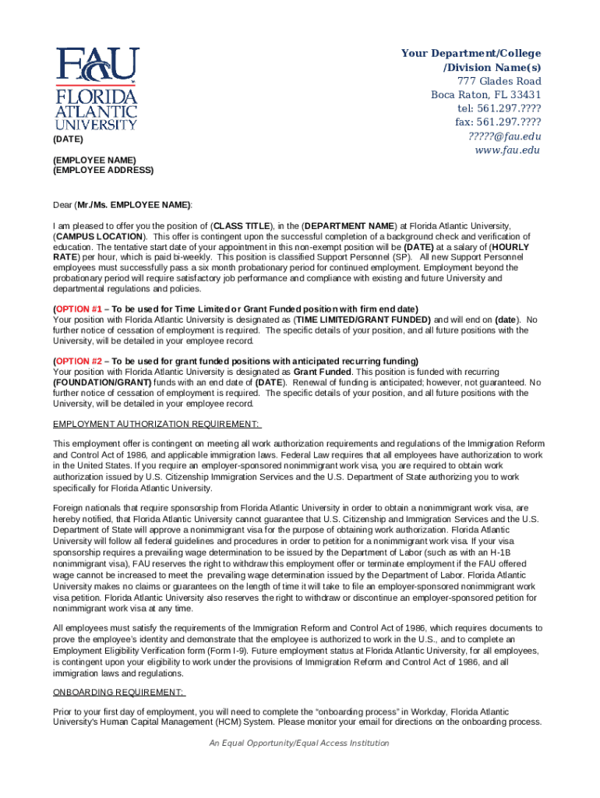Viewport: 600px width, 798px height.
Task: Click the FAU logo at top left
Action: [97, 88]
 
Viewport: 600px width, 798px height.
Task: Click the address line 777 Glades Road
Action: [499, 81]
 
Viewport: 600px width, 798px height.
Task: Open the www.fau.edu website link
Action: [507, 150]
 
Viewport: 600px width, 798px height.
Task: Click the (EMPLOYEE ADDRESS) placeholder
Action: [103, 170]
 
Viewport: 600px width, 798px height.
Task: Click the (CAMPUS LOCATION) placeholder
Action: [100, 236]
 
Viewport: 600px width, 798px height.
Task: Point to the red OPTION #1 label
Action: [78, 309]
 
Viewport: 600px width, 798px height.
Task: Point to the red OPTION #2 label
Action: [78, 361]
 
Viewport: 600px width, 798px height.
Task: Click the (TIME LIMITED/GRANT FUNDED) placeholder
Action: [362, 320]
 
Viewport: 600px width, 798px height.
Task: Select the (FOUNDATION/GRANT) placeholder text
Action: [99, 383]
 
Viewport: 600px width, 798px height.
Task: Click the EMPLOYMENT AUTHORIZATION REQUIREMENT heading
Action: [157, 424]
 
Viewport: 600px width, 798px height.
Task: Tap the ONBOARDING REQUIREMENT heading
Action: [118, 692]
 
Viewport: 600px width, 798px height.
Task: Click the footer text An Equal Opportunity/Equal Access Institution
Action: [299, 743]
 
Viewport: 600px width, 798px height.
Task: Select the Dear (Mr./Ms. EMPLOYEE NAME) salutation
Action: [122, 205]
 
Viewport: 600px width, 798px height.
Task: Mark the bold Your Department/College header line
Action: [471, 53]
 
